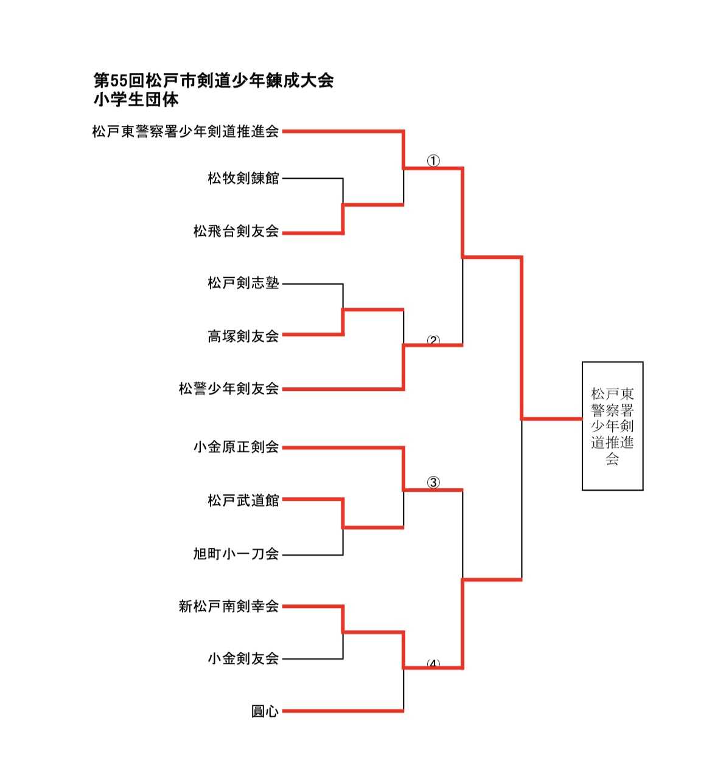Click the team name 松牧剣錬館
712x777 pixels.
pos(243,178)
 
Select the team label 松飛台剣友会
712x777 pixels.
pos(236,231)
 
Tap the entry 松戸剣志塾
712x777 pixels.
pos(243,283)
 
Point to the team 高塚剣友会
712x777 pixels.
pos(243,336)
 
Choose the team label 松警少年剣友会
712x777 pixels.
pos(228,388)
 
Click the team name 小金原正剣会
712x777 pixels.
pos(236,447)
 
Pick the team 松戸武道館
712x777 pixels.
pos(243,500)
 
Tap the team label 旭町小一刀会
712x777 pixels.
pos(236,554)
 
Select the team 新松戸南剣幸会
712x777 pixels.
pos(228,606)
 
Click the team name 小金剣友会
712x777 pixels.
pos(243,658)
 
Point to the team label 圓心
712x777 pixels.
pos(265,711)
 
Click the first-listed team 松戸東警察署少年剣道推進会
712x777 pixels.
pos(185,131)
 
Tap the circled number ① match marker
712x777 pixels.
pos(433,161)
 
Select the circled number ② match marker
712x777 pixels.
pos(433,340)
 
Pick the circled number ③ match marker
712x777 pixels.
pos(433,483)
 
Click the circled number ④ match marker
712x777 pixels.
pos(433,664)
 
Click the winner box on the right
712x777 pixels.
pos(612,426)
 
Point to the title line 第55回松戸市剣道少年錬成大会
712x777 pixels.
pos(213,80)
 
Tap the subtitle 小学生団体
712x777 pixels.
pos(136,99)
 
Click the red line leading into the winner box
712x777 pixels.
pos(551,418)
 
